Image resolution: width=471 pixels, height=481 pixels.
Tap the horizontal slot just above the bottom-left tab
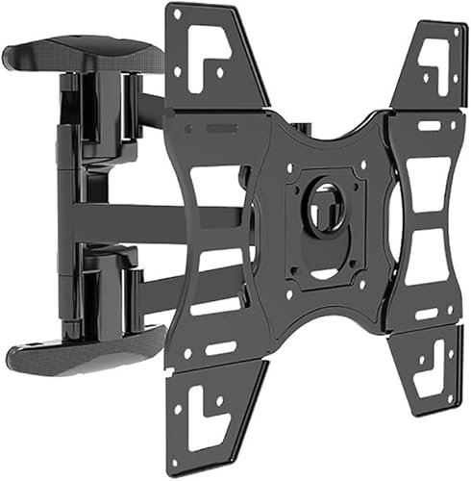(222, 346)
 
